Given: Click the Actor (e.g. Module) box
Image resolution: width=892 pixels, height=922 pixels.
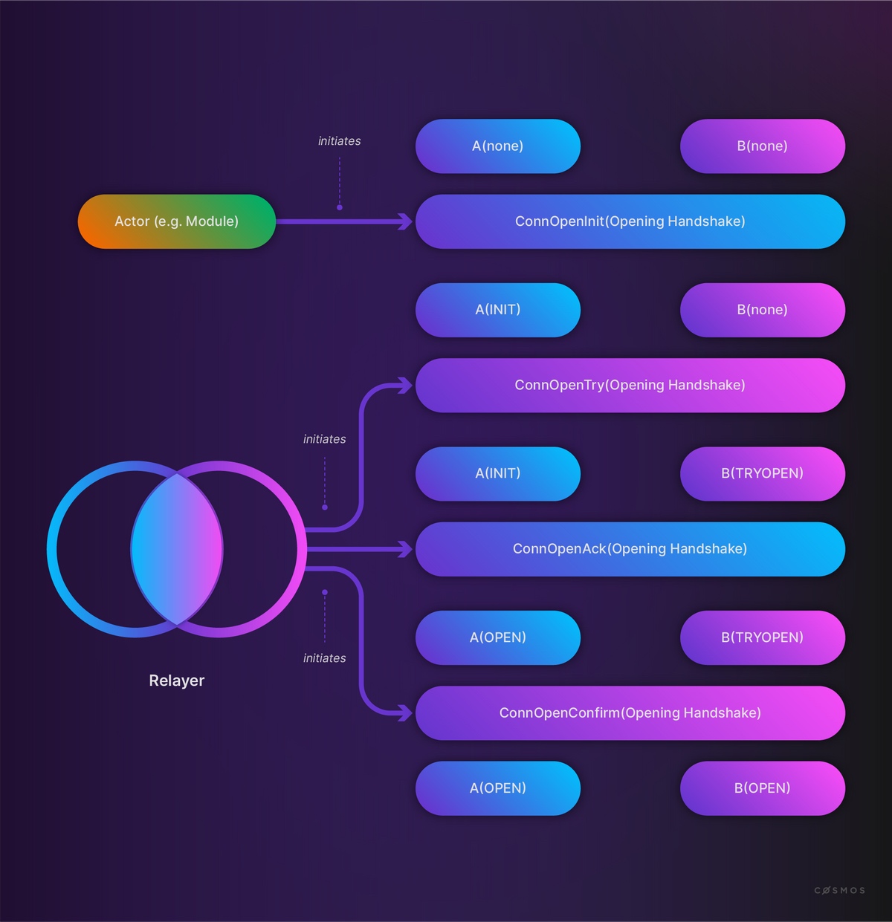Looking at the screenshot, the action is coord(176,221).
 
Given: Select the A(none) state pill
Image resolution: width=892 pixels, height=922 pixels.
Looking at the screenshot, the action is coord(498,146).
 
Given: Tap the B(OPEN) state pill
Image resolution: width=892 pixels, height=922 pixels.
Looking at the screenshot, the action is coord(762,788).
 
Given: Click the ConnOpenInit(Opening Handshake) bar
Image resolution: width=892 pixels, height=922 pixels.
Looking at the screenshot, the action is coord(630,221).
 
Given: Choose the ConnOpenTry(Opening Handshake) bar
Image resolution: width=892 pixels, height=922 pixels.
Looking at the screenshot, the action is coord(630,385).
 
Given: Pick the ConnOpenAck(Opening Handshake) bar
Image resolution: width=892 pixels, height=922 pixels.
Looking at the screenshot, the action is coord(630,549).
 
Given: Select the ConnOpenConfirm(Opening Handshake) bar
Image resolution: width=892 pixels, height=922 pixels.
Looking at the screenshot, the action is coord(630,713).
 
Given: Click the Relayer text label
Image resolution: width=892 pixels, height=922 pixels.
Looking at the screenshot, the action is coord(176,681).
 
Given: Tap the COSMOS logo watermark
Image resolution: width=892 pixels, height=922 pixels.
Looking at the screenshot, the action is coord(840,890).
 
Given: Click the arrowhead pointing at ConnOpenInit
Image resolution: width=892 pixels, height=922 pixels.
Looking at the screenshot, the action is coord(406,221).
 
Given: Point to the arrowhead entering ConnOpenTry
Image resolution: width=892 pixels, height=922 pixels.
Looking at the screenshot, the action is coord(406,385).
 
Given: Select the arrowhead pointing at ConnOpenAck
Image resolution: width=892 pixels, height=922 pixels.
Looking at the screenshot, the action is coord(406,549).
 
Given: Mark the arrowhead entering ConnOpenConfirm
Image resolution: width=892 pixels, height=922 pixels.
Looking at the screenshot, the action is coord(406,713).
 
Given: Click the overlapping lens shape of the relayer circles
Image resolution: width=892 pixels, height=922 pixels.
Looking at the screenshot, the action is coord(176,549).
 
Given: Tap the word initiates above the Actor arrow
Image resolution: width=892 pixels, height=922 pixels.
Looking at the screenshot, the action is coord(340,140).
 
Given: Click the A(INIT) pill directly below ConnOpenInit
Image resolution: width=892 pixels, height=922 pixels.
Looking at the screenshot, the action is coord(498,310).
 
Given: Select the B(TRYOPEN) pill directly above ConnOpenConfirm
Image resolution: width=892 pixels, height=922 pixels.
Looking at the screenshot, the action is coord(762,637).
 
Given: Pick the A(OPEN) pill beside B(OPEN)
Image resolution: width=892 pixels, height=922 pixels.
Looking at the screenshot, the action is coord(498,788).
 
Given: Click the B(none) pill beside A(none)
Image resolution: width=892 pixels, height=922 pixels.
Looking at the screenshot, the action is coord(762,146).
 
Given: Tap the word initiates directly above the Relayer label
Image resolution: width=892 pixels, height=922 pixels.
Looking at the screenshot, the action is coord(325,658).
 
